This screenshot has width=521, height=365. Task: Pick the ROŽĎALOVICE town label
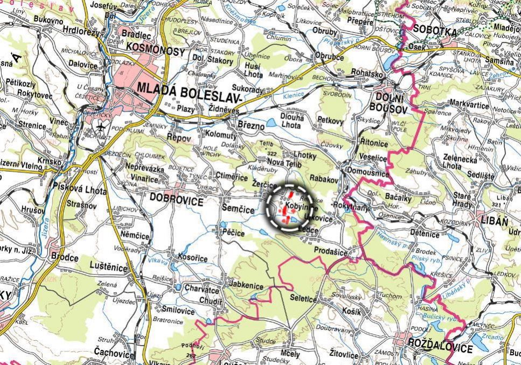click(x=440, y=348)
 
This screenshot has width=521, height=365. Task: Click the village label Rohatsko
click(x=367, y=72)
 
